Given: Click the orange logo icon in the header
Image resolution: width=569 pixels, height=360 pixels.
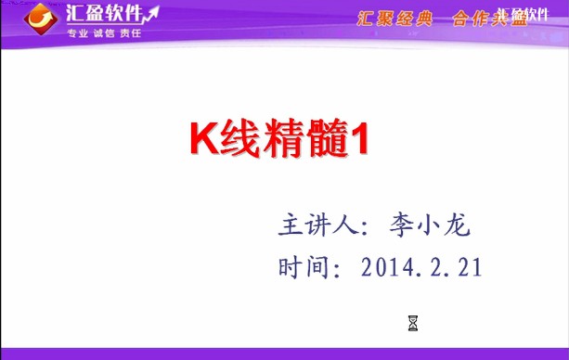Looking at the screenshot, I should click(41, 17).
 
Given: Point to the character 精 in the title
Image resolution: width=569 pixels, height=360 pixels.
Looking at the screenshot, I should click(278, 138).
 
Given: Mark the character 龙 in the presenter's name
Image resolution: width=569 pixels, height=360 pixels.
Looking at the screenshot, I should click(470, 225).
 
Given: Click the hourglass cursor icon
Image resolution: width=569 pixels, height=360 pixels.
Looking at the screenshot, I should click(413, 323).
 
